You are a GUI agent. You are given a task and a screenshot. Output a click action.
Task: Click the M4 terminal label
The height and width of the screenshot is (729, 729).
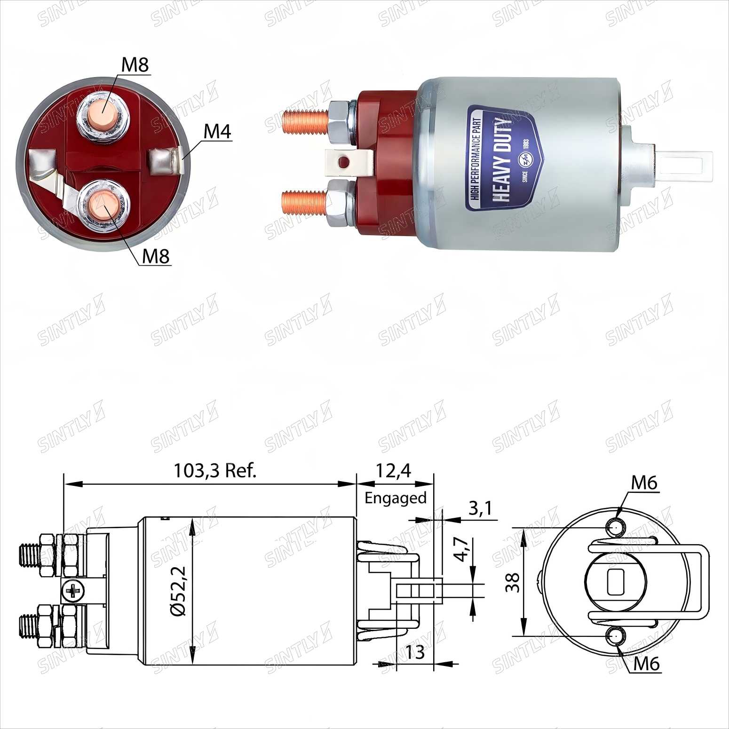pos(217,132)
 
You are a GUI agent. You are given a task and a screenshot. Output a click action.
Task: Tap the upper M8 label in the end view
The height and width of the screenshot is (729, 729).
pos(135,65)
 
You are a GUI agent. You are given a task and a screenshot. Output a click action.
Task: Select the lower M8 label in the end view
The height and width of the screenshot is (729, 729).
pos(156,256)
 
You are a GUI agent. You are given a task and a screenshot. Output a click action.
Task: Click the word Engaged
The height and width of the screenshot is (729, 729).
pos(396,498)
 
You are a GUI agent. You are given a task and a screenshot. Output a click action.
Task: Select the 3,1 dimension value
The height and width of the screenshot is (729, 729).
pos(480,508)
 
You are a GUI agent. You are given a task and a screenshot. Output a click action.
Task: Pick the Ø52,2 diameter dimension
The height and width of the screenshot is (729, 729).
pos(179,591)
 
